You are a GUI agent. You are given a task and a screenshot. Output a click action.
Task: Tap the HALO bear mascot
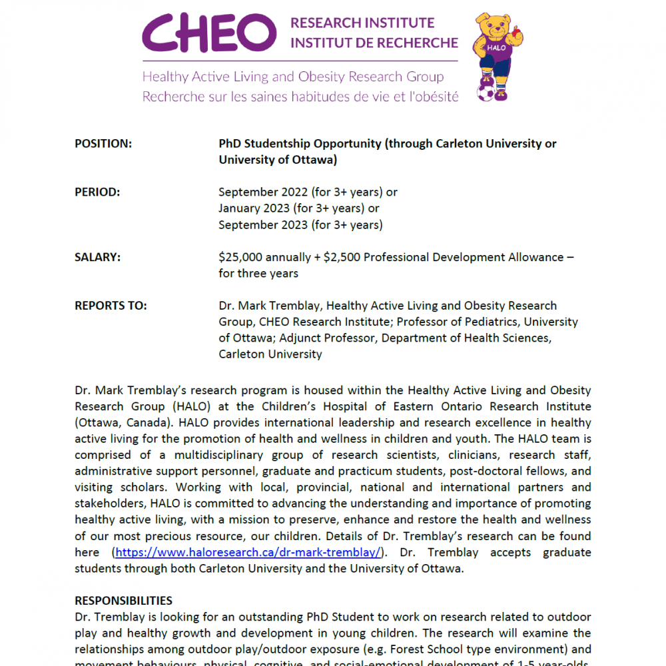496,53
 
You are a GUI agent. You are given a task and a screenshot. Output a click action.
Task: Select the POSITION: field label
103,143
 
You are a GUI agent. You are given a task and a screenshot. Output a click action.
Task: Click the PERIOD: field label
97,192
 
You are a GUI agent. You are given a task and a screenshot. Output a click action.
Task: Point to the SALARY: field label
98,257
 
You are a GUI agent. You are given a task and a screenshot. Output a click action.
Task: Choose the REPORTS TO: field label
111,306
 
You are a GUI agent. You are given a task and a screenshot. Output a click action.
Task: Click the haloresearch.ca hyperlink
248,552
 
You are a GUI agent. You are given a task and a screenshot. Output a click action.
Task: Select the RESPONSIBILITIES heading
123,601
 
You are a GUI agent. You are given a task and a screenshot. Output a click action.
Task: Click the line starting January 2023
299,208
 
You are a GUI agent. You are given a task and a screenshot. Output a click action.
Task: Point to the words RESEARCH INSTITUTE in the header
362,23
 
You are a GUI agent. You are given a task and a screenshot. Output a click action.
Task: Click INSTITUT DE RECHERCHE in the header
374,43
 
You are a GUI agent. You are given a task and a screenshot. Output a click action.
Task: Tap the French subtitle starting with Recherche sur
300,97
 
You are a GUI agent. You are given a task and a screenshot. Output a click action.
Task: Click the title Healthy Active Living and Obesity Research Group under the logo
292,77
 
